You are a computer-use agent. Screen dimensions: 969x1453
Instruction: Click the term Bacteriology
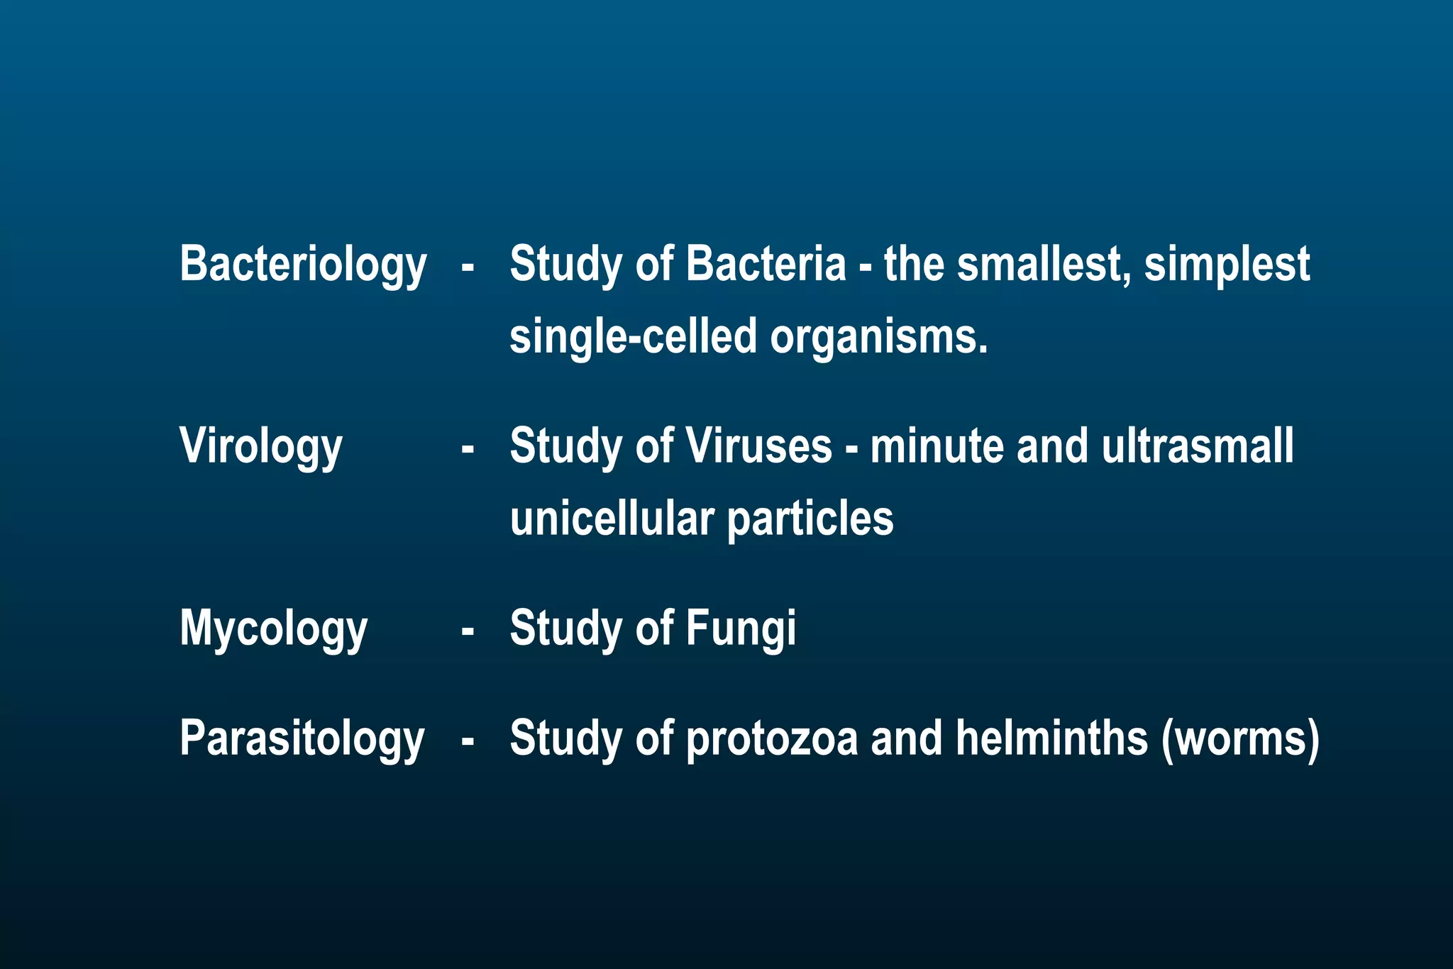(303, 265)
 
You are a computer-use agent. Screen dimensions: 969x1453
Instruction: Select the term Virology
(261, 447)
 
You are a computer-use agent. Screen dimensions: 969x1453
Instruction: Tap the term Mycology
(273, 629)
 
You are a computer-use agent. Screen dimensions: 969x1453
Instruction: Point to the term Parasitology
(302, 739)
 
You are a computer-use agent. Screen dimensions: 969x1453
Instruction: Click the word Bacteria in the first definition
(766, 263)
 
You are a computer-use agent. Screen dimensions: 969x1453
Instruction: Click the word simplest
(1227, 265)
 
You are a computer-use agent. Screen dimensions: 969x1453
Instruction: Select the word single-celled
(634, 337)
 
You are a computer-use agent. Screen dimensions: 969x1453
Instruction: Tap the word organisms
(879, 337)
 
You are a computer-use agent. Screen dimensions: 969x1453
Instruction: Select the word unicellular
(612, 519)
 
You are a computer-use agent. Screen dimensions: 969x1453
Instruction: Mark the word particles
(810, 520)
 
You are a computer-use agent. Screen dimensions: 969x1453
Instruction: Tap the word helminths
(1051, 738)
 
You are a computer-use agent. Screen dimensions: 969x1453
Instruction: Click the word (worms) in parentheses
(1240, 739)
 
